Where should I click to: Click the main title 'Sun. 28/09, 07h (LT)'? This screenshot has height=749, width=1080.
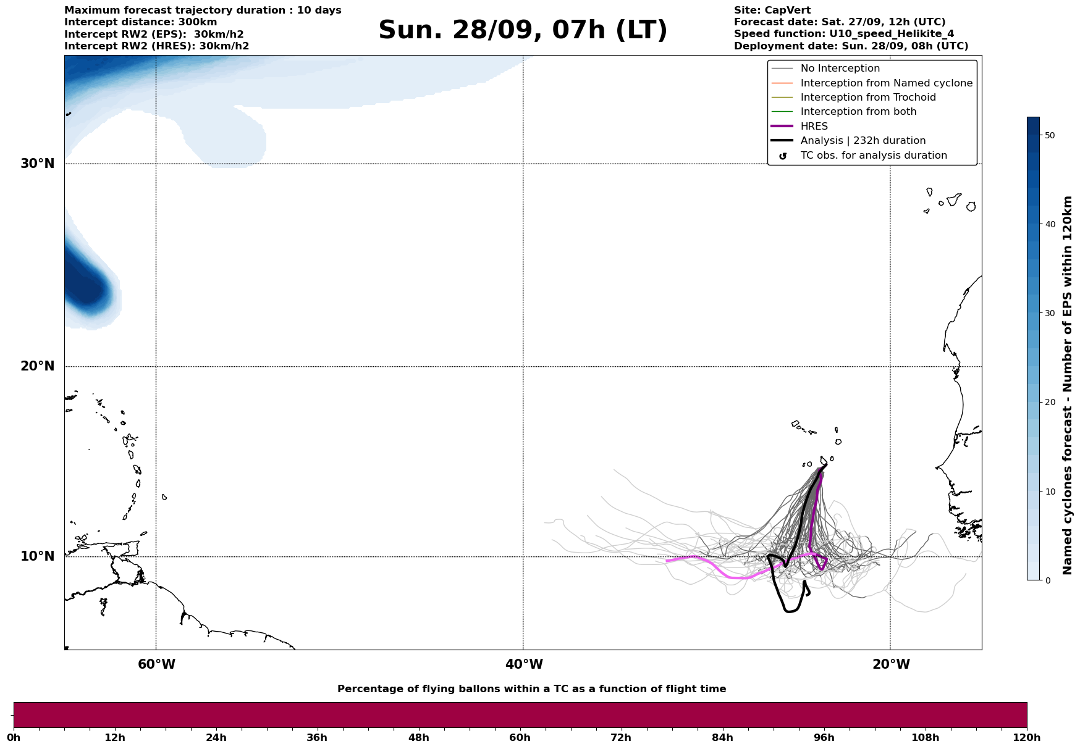pos(523,30)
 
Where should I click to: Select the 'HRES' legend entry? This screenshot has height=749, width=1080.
pos(814,127)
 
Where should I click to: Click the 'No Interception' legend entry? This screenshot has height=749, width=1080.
pos(840,69)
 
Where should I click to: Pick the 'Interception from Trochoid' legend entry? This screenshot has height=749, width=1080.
pos(867,98)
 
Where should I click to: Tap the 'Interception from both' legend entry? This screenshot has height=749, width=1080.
pos(858,112)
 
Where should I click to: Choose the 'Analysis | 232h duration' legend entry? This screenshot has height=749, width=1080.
pos(863,141)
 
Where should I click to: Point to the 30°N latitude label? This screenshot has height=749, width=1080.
pos(38,164)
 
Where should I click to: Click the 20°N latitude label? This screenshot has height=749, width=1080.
pos(38,366)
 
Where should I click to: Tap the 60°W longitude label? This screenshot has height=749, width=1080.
pos(156,664)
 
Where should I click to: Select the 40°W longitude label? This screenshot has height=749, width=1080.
pos(524,664)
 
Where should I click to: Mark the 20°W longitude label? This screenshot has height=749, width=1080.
pos(891,664)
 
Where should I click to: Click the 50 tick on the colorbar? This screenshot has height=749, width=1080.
pos(1049,135)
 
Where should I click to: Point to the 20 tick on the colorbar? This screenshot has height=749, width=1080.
pos(1049,403)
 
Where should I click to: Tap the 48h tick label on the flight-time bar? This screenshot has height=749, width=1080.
pos(418,738)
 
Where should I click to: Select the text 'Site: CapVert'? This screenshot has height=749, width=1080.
pos(772,10)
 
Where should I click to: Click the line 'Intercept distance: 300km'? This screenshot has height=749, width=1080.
pos(140,22)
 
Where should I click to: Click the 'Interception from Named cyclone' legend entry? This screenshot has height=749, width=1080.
pos(886,83)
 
